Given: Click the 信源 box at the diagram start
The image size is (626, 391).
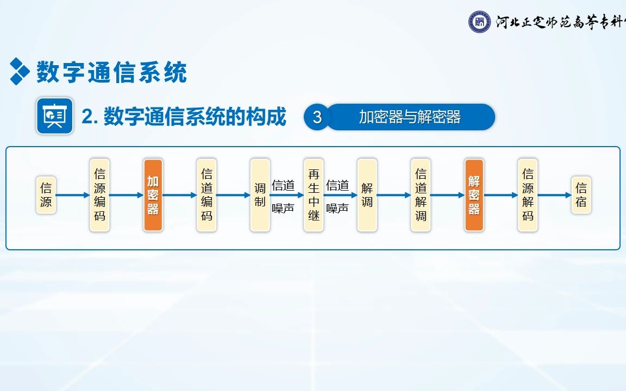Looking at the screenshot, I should [46, 195].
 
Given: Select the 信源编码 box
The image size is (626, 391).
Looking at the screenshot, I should [99, 195].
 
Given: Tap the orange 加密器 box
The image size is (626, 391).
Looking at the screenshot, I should [153, 195].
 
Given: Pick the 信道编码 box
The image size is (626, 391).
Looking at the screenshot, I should [206, 195].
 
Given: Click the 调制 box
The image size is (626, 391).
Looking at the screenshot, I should [260, 195].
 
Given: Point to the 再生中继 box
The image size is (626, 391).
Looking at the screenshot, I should [314, 195].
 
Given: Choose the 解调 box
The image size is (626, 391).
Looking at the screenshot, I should [367, 195].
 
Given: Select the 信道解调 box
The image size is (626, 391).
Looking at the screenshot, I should [421, 195].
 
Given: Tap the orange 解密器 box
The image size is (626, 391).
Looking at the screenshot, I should [474, 195].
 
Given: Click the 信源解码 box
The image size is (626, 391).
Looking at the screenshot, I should [528, 195].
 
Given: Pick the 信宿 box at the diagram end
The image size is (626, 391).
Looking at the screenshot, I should [581, 195].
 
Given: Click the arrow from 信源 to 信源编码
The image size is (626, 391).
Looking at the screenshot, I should [73, 195].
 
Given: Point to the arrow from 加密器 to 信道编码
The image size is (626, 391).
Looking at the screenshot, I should [180, 195].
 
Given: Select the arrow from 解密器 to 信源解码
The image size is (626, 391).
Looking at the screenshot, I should [501, 195].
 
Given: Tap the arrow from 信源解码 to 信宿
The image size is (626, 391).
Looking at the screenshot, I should [554, 195].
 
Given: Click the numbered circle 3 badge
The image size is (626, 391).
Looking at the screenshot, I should [317, 117].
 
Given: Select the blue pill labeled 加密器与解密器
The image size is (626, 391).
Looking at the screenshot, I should [410, 117].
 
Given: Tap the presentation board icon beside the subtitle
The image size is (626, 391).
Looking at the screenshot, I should [55, 116].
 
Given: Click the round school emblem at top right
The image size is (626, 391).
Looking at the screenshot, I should [479, 22].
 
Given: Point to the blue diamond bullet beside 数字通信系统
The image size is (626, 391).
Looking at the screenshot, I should [20, 71].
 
